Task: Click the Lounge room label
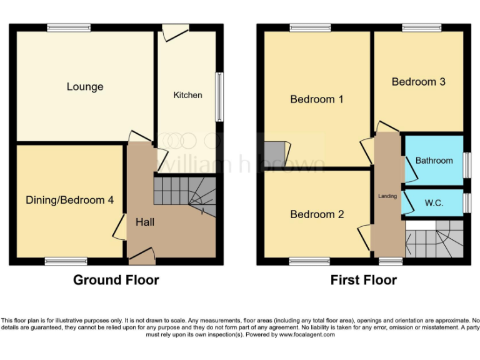click(x=85, y=87)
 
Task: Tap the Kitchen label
click(x=187, y=95)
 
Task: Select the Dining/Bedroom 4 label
click(x=69, y=200)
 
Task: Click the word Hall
click(x=145, y=222)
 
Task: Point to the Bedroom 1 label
click(x=317, y=99)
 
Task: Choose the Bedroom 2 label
click(x=317, y=214)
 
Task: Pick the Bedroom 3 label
click(x=418, y=82)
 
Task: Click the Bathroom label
click(x=434, y=161)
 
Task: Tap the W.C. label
click(x=434, y=203)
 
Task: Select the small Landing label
click(x=387, y=196)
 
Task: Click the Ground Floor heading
click(x=116, y=280)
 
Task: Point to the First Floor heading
click(x=363, y=280)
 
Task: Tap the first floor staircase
click(x=434, y=239)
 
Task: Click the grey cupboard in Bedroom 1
click(x=273, y=152)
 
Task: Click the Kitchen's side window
click(x=219, y=97)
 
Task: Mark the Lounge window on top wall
click(x=69, y=27)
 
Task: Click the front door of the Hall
click(x=141, y=254)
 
